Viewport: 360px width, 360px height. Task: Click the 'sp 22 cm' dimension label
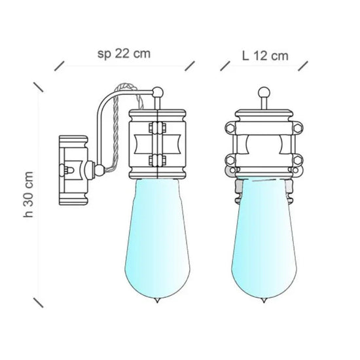[x=124, y=54]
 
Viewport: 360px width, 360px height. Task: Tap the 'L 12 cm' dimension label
[x=265, y=56]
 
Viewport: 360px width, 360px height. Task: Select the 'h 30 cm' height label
[x=29, y=194]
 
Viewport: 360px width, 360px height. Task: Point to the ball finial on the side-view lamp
[x=158, y=92]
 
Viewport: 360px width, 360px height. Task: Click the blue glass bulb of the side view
[x=158, y=239]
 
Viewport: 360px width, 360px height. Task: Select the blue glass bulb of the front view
[x=264, y=239]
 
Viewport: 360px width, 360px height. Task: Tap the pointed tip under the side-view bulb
[x=157, y=301]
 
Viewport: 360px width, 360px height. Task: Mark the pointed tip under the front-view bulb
[x=264, y=301]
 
